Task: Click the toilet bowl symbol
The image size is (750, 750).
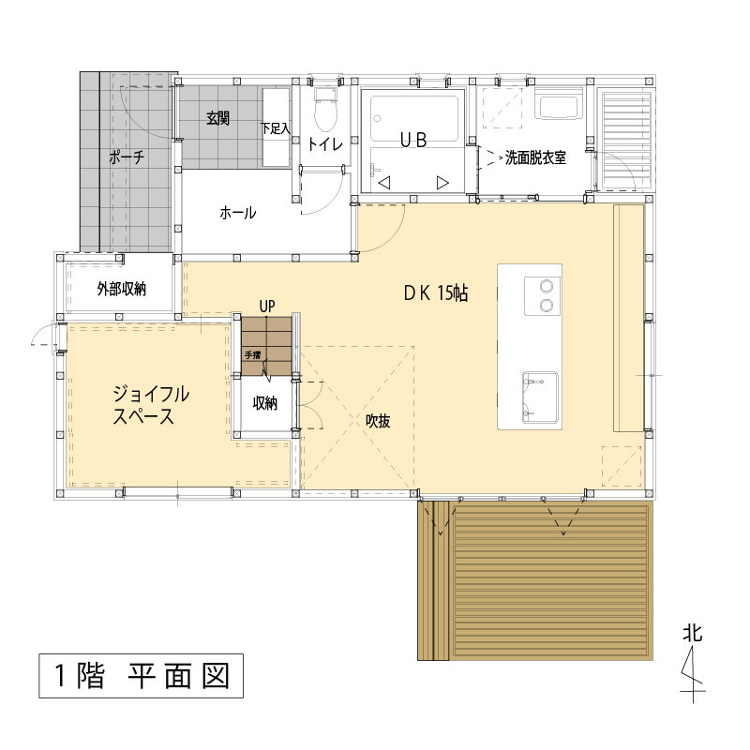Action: (325, 110)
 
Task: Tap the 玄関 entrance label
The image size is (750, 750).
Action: (217, 118)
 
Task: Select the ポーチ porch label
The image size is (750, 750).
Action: (127, 157)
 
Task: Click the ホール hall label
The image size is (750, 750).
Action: (238, 213)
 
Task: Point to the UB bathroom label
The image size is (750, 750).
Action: (412, 140)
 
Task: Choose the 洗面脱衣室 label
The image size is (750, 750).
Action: (535, 157)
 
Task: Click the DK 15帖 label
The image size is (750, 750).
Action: (436, 292)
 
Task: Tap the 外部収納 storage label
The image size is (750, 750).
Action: (122, 289)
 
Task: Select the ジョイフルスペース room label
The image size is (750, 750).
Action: (151, 405)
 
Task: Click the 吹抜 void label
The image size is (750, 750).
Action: (378, 420)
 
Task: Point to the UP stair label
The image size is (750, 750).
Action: (267, 307)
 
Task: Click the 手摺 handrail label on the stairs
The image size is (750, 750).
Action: (252, 355)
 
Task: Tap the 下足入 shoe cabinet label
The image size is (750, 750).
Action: (275, 128)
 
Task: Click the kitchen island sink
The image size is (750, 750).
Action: (540, 397)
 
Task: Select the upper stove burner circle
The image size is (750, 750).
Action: (547, 287)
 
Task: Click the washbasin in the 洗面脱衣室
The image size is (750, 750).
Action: (559, 108)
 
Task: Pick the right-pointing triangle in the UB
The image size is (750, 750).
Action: (442, 183)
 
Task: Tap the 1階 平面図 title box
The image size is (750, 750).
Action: (142, 676)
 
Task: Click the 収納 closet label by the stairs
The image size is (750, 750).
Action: (265, 403)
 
